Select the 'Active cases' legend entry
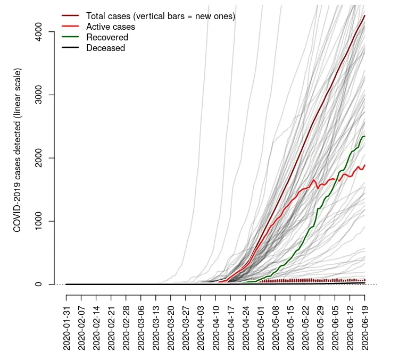click(x=111, y=27)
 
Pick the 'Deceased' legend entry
click(x=105, y=48)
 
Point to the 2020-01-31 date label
click(x=66, y=328)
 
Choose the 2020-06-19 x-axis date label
click(x=364, y=328)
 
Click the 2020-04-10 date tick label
click(x=215, y=328)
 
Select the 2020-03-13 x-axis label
click(x=156, y=328)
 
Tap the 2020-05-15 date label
click(x=290, y=328)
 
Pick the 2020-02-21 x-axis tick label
click(x=111, y=328)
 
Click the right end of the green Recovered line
click(x=364, y=137)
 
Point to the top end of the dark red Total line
click(x=364, y=16)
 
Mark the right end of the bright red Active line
click(x=364, y=165)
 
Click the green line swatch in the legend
click(x=70, y=37)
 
